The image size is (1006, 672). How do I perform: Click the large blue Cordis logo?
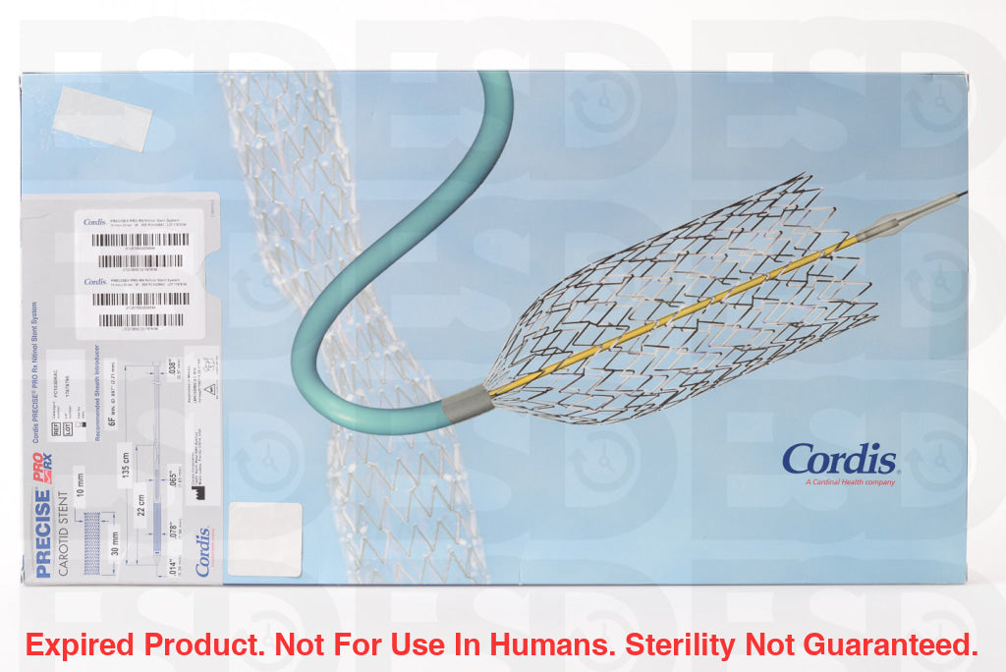tap(839, 458)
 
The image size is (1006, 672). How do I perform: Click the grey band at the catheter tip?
tap(467, 402)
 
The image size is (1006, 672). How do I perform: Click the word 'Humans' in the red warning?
tap(551, 644)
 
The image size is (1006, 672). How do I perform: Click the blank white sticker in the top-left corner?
tap(102, 118)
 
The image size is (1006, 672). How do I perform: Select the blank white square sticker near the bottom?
tap(264, 539)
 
